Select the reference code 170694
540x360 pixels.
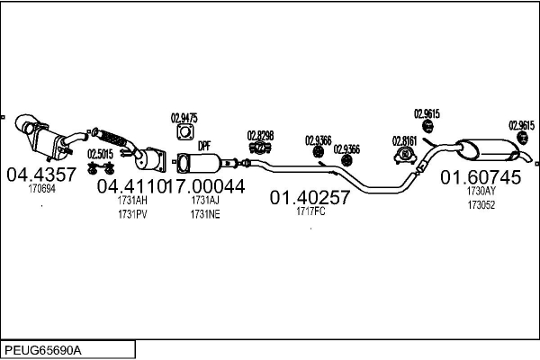(41, 189)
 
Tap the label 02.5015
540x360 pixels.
(100, 154)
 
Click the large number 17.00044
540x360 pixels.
(205, 186)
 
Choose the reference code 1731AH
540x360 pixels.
(131, 202)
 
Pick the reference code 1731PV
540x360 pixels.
(131, 214)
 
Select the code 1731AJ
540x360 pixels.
(204, 202)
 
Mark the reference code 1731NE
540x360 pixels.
(204, 214)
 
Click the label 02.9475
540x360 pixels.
(184, 117)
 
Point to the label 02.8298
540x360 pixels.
(260, 136)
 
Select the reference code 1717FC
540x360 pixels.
(310, 212)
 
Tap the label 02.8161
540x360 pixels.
(404, 140)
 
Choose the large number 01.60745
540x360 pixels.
(481, 177)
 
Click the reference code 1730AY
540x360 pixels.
(481, 192)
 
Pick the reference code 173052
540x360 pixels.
(481, 204)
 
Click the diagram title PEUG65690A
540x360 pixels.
(42, 348)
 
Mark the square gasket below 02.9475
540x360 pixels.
(184, 133)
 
